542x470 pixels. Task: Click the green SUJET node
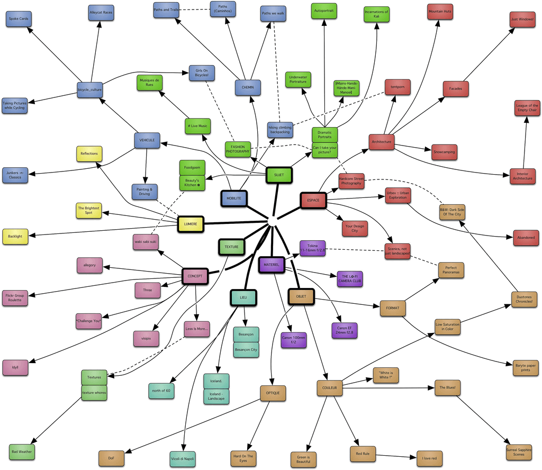pos(279,175)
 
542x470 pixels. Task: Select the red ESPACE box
pos(313,201)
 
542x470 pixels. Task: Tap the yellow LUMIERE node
pos(191,224)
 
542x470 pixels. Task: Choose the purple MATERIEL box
pos(272,265)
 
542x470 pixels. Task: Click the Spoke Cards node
pos(19,19)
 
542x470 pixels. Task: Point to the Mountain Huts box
pos(440,11)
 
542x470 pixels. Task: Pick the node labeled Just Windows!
pos(522,20)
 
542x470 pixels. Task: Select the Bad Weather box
pos(22,451)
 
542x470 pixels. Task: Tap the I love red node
pos(429,458)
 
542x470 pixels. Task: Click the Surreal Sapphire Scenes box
pos(519,451)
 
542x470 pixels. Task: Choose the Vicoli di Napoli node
pos(183,458)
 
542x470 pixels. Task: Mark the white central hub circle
pos(273,221)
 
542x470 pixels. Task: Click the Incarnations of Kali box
pos(376,14)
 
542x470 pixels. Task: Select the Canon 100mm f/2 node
pos(294,340)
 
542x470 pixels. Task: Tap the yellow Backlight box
pos(15,237)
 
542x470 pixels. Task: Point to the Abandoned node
pos(526,238)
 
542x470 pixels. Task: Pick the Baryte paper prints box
pos(526,367)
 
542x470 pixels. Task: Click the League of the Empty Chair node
pos(527,108)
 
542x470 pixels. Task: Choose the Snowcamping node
pos(445,152)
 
